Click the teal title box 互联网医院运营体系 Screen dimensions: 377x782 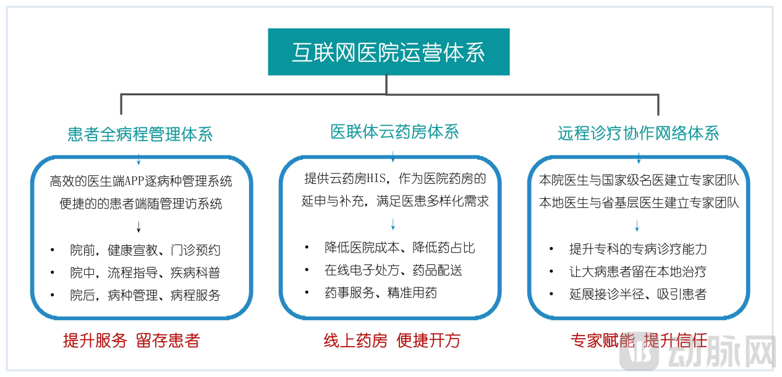(x=388, y=52)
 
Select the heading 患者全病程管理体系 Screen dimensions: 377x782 (x=140, y=134)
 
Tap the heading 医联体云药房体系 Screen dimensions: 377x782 (x=394, y=132)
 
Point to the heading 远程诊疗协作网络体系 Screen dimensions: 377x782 (x=638, y=133)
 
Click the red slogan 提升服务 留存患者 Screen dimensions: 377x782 (x=131, y=340)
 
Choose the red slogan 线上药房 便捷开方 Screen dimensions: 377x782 (x=392, y=340)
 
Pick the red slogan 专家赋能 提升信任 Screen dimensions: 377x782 (x=639, y=340)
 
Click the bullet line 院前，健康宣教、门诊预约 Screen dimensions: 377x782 (x=145, y=250)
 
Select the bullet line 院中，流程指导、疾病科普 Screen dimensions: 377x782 (x=145, y=272)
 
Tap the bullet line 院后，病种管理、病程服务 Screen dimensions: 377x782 (x=145, y=295)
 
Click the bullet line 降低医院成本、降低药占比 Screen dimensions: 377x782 (x=399, y=248)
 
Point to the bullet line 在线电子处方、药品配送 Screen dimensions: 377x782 (x=393, y=270)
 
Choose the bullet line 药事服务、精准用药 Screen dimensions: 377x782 (x=380, y=293)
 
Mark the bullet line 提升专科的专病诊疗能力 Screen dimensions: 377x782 (x=637, y=249)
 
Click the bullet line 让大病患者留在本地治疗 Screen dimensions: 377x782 (x=637, y=271)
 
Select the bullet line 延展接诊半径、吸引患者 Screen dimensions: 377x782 (x=637, y=294)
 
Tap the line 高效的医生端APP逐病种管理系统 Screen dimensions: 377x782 (x=141, y=181)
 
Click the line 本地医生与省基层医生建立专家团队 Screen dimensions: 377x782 (x=639, y=202)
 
